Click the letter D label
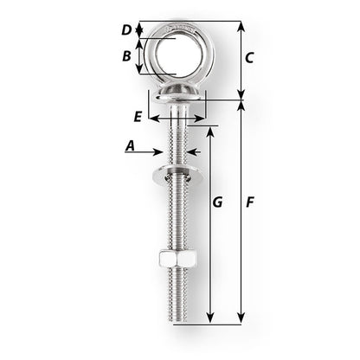126,30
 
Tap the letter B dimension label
126,57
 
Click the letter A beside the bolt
130,147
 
